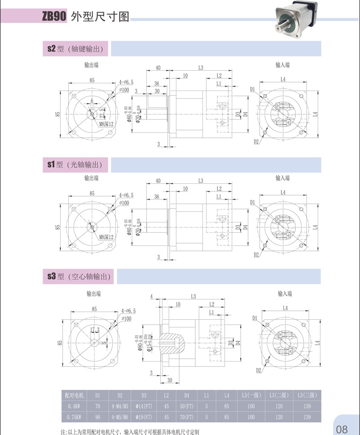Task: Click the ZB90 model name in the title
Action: point(54,17)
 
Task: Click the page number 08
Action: point(342,428)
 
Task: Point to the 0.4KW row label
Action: point(75,406)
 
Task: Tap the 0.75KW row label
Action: point(75,417)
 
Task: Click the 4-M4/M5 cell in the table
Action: point(120,406)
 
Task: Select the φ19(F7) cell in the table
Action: point(144,417)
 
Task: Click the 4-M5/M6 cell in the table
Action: point(120,417)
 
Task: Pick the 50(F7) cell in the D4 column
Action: point(187,406)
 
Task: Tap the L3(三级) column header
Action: point(307,395)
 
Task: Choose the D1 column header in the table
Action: point(98,395)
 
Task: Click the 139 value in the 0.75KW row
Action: point(307,417)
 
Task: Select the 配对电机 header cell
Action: point(75,395)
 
